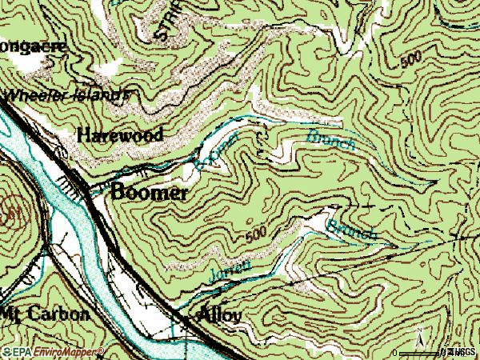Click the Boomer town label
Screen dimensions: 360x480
[150, 192]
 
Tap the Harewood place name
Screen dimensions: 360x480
[120, 134]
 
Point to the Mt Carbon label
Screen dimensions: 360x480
[46, 314]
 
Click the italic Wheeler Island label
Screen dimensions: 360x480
[68, 94]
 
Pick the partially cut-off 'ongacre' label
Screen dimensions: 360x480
[34, 46]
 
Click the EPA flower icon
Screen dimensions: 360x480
[6, 352]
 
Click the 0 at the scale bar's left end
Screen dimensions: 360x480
[396, 353]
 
